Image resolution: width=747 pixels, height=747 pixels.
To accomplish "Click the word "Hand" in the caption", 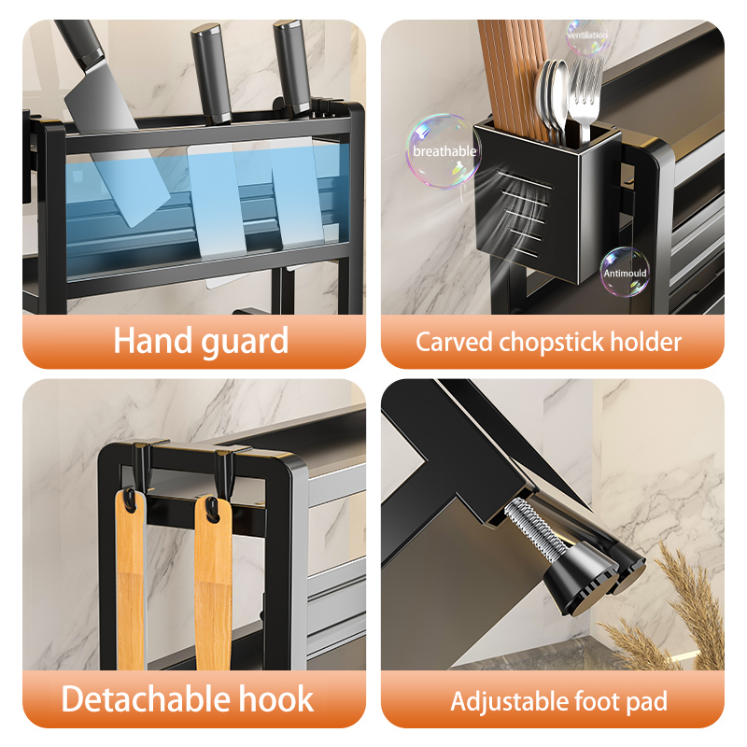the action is pyautogui.click(x=151, y=340).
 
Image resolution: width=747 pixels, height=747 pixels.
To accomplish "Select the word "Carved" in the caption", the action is pyautogui.click(x=454, y=342).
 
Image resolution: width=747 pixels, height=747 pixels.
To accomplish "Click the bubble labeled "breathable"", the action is pyautogui.click(x=443, y=150).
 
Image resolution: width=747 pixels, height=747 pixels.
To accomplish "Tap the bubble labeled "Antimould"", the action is pyautogui.click(x=625, y=272).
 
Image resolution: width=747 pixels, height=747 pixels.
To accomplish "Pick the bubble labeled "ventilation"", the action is pyautogui.click(x=587, y=36).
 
